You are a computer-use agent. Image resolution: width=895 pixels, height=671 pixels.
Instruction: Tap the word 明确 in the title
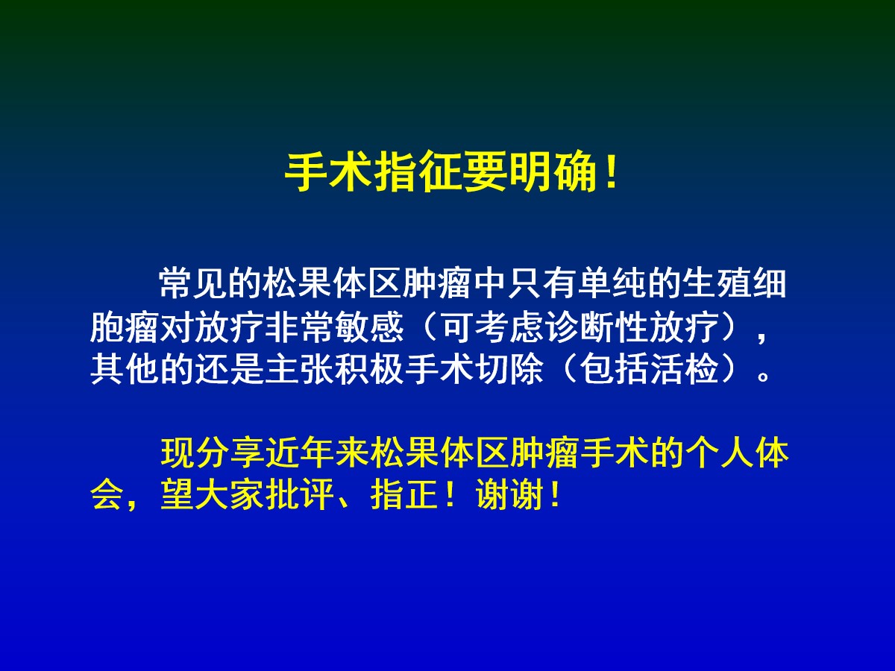[x=553, y=171]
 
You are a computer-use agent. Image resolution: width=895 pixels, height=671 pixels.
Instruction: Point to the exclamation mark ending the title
[x=611, y=171]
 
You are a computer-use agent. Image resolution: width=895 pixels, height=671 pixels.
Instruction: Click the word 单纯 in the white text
[x=612, y=283]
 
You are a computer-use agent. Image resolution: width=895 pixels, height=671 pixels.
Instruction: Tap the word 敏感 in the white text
[x=369, y=327]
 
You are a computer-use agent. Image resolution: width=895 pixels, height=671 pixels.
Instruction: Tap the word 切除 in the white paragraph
[x=509, y=370]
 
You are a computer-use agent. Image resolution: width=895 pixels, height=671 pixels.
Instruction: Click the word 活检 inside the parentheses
[x=684, y=370]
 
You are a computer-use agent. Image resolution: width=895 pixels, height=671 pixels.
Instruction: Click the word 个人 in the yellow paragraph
[x=718, y=453]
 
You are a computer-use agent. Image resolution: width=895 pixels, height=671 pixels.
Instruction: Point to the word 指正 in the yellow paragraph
[x=403, y=496]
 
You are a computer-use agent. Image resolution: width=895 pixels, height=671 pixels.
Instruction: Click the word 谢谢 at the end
[x=509, y=496]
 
